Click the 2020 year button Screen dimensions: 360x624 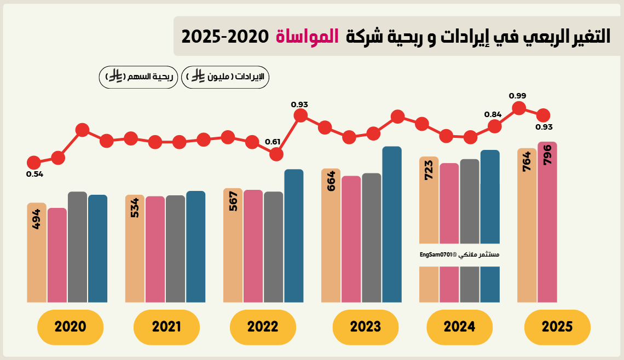70,327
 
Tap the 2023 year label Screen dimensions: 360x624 366,327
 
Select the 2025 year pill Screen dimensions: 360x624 557,327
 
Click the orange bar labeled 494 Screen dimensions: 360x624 37,252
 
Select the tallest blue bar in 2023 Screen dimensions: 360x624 392,224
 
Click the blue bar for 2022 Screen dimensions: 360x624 294,235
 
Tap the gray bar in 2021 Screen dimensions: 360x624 175,248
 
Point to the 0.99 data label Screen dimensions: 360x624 517,96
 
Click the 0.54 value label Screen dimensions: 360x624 34,175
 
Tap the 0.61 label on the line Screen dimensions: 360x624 273,142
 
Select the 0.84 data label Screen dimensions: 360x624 493,114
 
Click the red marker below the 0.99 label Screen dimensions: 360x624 518,108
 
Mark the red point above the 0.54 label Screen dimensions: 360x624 34,162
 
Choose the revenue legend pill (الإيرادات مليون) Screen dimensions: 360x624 225,77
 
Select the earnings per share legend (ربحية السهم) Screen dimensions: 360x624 138,77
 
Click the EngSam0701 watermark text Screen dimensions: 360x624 459,255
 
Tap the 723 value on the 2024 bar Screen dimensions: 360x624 429,171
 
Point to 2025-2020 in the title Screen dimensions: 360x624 225,37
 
